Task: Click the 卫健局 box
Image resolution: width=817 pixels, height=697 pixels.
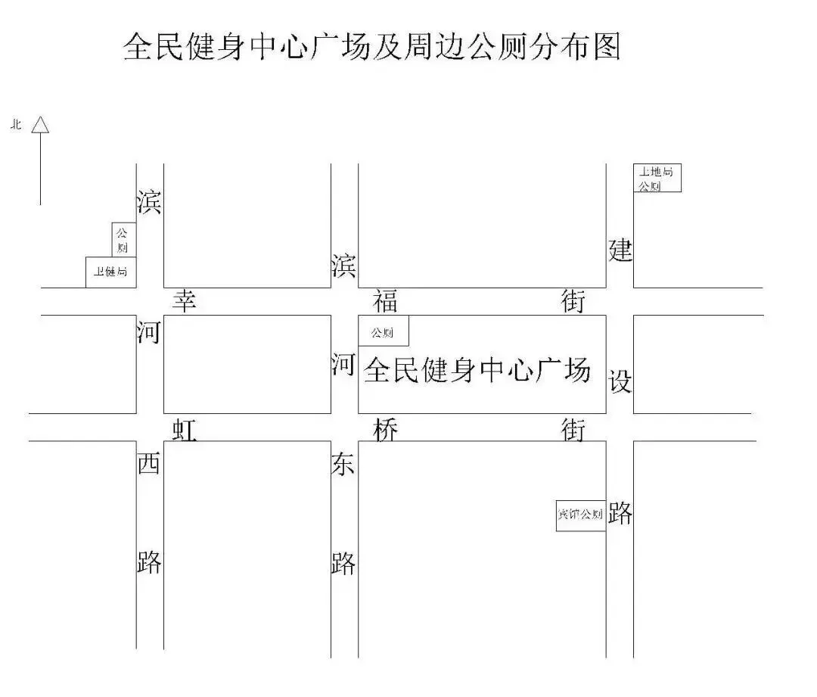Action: click(x=110, y=272)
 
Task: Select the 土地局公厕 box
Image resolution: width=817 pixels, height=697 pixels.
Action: click(x=657, y=178)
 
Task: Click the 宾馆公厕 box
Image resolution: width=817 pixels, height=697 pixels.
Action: click(x=580, y=515)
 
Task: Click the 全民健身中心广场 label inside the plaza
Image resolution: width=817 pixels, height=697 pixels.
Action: click(x=477, y=371)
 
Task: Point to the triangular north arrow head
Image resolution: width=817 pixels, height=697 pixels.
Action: click(x=40, y=125)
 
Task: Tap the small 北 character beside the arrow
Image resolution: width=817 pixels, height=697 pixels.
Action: click(x=15, y=125)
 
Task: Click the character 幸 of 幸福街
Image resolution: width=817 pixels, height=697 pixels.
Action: click(x=185, y=300)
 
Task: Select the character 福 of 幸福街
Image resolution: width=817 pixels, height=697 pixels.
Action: click(x=385, y=300)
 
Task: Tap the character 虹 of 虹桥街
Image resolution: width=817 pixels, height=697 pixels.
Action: click(x=185, y=429)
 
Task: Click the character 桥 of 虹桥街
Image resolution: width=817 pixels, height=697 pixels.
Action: click(x=385, y=429)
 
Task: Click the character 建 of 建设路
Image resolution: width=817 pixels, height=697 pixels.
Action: click(x=620, y=250)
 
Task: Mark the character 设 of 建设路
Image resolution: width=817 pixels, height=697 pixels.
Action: click(x=620, y=382)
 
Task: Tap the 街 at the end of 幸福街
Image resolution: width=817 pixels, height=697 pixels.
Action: click(x=573, y=300)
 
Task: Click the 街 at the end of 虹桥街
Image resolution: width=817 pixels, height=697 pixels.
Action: click(x=573, y=429)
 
